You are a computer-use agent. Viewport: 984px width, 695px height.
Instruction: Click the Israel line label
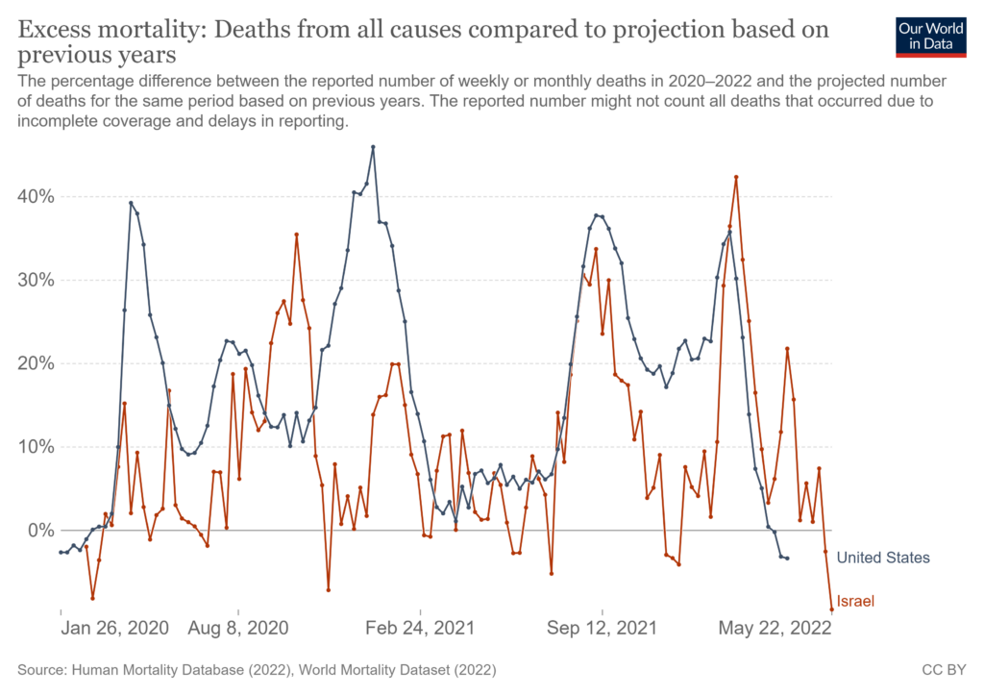pyautogui.click(x=855, y=602)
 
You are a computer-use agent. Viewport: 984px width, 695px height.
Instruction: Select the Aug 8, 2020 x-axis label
pyautogui.click(x=239, y=629)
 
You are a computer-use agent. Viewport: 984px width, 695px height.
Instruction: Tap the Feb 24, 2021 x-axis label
pyautogui.click(x=421, y=629)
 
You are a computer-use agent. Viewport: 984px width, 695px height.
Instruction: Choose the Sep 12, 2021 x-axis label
pyautogui.click(x=603, y=629)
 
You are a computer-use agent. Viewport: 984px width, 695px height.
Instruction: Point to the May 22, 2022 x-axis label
pyautogui.click(x=775, y=629)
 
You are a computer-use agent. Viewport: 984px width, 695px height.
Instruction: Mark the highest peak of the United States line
pyautogui.click(x=373, y=147)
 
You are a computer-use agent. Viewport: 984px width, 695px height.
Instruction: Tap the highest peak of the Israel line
pyautogui.click(x=736, y=177)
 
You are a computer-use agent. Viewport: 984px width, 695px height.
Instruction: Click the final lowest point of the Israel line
pyautogui.click(x=832, y=609)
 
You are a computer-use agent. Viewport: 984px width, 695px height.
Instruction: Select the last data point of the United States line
pyautogui.click(x=787, y=558)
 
